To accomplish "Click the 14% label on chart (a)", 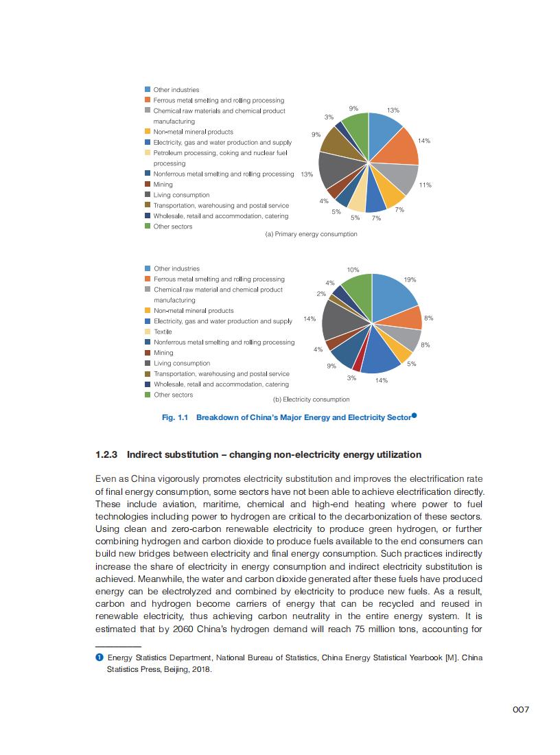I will [x=423, y=141].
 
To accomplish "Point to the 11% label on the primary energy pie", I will [x=425, y=185].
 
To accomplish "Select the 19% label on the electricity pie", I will [x=410, y=280].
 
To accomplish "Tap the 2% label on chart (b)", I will [x=321, y=294].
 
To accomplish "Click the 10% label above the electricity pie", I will [x=353, y=270].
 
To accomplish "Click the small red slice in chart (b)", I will [x=357, y=365].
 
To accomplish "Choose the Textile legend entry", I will [x=163, y=332].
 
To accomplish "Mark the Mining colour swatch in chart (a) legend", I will [x=148, y=185].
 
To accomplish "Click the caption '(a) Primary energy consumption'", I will [x=311, y=234].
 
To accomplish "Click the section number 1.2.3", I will [x=107, y=455].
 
